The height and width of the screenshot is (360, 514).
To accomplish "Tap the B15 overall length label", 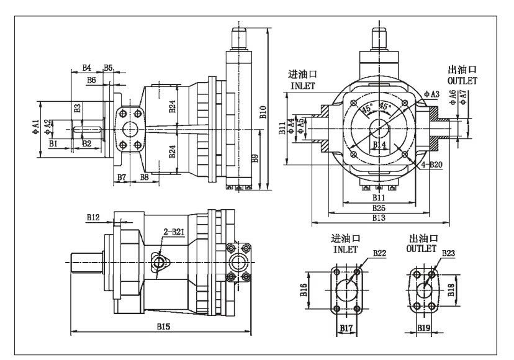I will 163,326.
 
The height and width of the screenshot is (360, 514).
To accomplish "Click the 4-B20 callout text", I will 432,164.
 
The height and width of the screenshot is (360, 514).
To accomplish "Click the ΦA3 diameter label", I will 432,94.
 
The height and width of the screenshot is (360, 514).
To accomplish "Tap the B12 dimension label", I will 93,217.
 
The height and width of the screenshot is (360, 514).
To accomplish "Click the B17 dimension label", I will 346,326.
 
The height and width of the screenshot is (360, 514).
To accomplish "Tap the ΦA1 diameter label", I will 36,128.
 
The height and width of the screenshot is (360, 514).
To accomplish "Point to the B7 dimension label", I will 122,178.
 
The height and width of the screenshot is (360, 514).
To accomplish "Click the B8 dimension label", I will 144,178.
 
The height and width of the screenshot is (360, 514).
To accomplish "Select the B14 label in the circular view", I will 379,145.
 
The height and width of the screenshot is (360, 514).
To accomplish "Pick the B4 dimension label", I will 87,67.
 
